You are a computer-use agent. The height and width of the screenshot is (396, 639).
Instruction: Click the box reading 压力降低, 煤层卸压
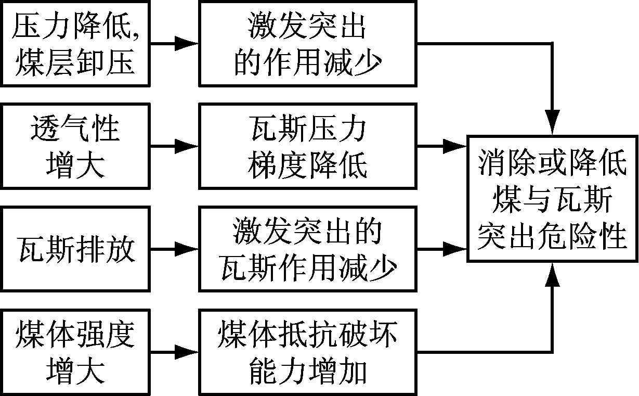click(75, 44)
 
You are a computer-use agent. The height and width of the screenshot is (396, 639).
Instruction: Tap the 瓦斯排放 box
click(75, 249)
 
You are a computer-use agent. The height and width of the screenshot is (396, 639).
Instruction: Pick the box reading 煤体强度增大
click(75, 352)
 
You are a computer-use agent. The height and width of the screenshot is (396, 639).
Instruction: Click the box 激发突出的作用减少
click(308, 44)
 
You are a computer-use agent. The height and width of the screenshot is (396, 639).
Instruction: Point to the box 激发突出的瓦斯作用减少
click(308, 249)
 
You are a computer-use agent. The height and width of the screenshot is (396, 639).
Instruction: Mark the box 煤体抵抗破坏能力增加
click(308, 352)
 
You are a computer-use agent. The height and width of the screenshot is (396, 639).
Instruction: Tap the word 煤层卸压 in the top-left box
click(76, 61)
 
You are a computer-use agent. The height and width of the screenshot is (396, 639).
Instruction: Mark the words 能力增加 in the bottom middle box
click(308, 371)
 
